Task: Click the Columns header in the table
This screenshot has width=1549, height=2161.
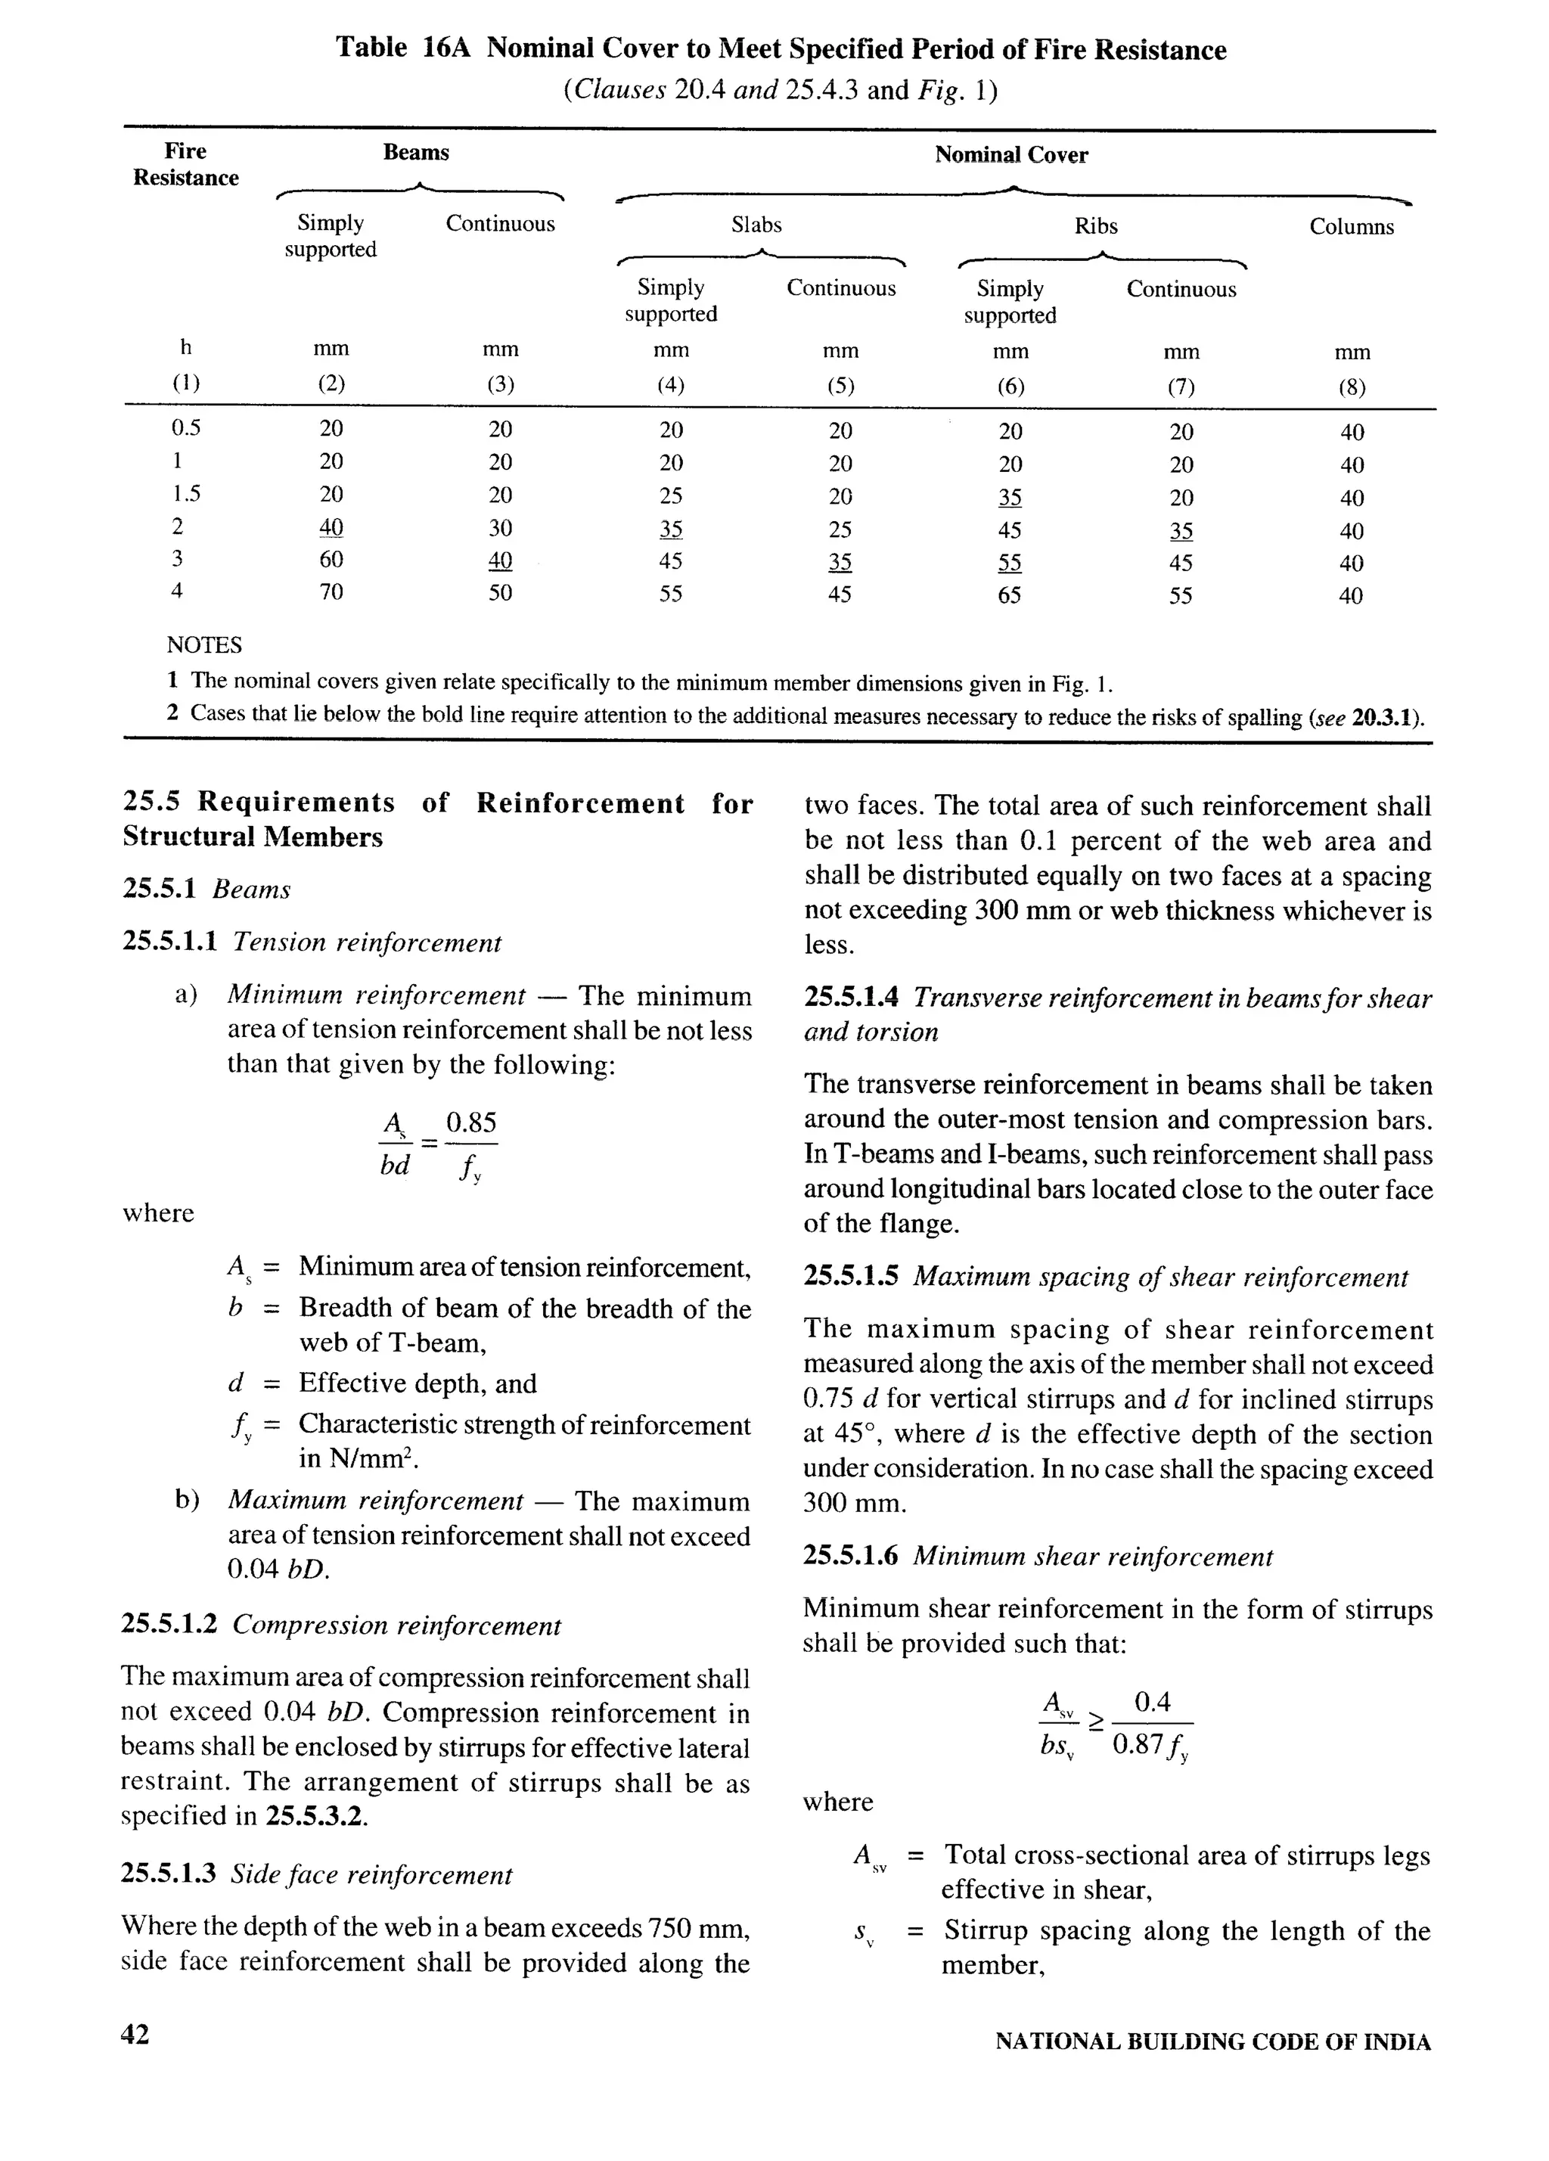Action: coord(1351,227)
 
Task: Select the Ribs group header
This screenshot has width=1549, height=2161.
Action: coord(1095,226)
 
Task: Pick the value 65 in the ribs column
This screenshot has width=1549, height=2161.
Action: coord(1010,595)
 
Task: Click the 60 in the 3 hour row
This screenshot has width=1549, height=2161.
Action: coord(331,559)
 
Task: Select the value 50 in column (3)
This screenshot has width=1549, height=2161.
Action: coord(500,593)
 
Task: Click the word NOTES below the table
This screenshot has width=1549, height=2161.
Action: coord(204,645)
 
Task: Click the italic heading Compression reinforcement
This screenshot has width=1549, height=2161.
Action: coord(396,1625)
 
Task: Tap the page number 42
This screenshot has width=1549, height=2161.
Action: coord(135,2034)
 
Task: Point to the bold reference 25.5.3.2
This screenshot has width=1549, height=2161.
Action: coord(315,1815)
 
